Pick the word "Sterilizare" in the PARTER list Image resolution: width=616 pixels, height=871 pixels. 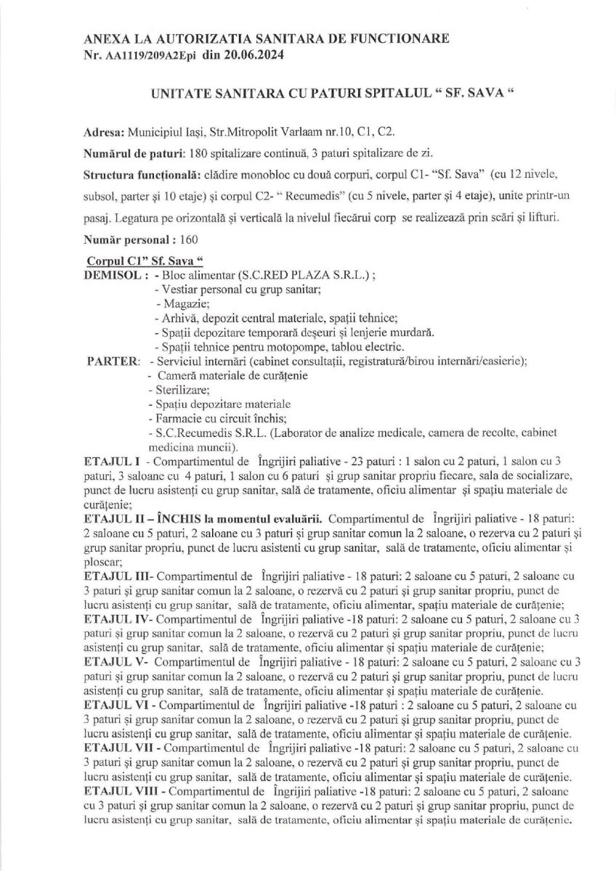tap(173, 390)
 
